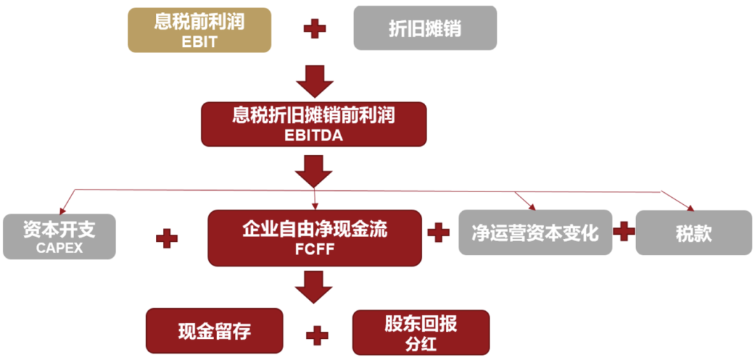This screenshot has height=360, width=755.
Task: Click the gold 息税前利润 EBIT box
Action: (x=199, y=30)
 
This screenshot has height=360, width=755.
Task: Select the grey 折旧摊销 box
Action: (x=425, y=29)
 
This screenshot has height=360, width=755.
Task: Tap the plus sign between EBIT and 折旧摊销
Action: (x=315, y=29)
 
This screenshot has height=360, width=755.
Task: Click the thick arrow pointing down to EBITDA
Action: (x=315, y=80)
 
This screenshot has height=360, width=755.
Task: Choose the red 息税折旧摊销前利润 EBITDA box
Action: (x=314, y=124)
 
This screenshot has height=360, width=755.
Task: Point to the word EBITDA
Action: (x=314, y=136)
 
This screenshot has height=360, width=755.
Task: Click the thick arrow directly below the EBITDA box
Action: (x=314, y=171)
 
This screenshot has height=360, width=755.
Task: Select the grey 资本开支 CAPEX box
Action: (x=59, y=237)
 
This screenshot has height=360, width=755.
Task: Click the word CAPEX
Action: (x=59, y=247)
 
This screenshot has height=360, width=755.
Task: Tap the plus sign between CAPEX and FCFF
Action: (x=166, y=238)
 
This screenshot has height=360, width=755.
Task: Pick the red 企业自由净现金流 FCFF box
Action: (x=315, y=238)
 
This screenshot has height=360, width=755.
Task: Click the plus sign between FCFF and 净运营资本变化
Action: (x=438, y=233)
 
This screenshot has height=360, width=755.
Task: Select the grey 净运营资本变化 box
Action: (x=535, y=232)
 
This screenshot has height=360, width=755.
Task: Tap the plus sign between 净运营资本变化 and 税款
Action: (x=624, y=231)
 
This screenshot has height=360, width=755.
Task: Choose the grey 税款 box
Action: (x=693, y=232)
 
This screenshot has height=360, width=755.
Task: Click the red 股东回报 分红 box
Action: (x=421, y=332)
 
